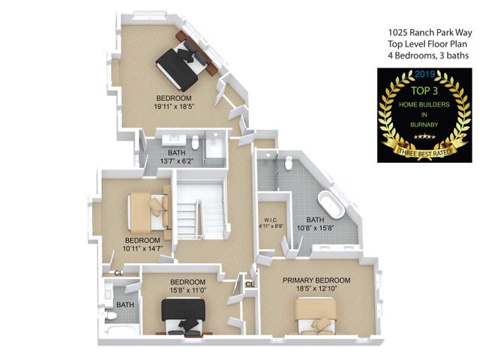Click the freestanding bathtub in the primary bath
point(331,205)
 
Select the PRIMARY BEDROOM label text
point(316,280)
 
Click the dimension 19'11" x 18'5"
point(174,106)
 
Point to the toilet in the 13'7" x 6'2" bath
point(195,142)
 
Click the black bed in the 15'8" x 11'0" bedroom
point(184,316)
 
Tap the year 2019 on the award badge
point(424,73)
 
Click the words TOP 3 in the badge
point(424,91)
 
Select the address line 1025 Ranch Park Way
point(430,32)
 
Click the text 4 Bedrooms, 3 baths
point(428,55)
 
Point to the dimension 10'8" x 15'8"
point(315,228)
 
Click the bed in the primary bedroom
point(315,316)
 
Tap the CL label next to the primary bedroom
point(250,285)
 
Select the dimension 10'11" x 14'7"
point(142,248)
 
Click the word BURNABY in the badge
point(424,124)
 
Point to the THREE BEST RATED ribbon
point(424,151)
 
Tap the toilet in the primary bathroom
point(288,163)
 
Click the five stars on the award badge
point(424,136)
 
